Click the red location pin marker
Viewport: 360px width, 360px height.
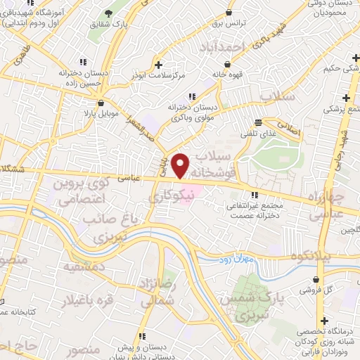point(181,165)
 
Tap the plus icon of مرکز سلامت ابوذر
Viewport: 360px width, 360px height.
point(160,63)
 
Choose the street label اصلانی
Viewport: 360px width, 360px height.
point(291,131)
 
